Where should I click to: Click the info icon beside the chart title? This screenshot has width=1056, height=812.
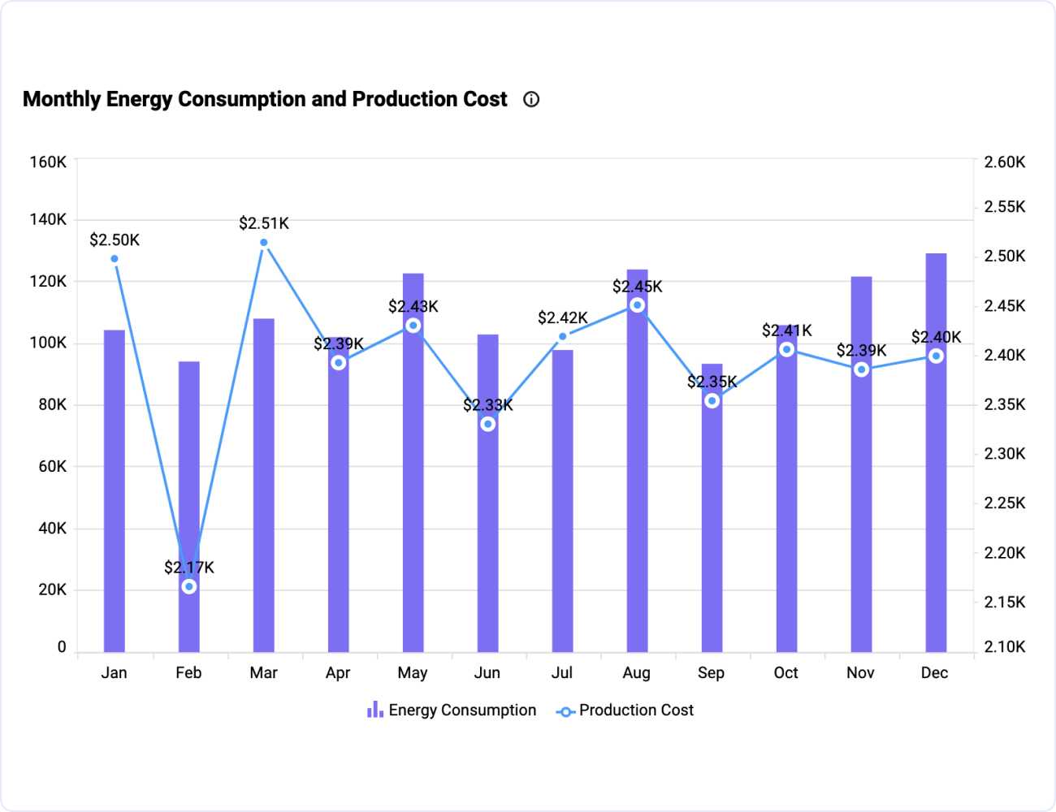coord(531,99)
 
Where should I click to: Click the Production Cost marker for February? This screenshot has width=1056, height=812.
coord(189,586)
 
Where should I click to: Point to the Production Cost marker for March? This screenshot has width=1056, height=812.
coord(264,242)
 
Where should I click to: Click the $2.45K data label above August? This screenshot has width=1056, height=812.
coord(637,287)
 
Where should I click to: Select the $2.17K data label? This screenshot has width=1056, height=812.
coord(189,567)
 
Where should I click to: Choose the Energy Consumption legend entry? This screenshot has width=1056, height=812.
coord(452,710)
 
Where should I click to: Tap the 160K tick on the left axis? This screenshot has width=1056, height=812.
coord(48,162)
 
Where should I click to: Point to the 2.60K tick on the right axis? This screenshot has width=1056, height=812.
coord(1005,162)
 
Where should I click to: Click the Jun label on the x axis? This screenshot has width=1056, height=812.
coord(487,673)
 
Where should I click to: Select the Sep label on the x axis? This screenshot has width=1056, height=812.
coord(711,673)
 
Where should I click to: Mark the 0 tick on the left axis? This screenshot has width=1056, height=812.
coord(62,647)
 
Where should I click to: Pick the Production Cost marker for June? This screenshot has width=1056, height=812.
coord(488,424)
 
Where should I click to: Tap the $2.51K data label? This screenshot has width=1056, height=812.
coord(264,223)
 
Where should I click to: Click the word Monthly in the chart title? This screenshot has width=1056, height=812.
coord(62,99)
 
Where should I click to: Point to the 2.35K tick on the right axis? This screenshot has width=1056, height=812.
coord(1005,404)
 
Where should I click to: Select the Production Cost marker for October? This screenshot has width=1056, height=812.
coord(786,349)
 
